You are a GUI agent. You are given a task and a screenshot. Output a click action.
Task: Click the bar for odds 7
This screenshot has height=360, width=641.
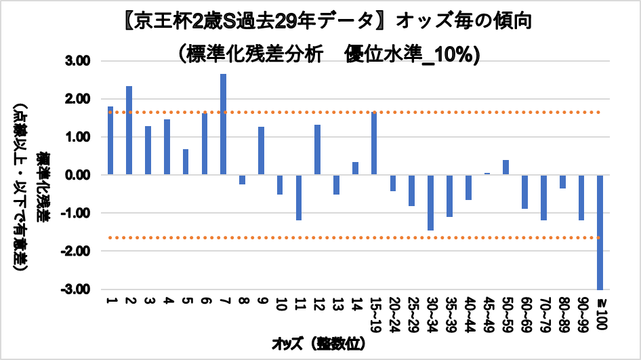(223, 124)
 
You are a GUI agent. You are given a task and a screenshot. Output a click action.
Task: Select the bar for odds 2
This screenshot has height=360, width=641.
(129, 130)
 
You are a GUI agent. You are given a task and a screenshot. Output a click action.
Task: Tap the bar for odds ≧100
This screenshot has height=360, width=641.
(600, 232)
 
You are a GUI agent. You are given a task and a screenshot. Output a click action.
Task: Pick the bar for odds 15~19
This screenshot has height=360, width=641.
(373, 144)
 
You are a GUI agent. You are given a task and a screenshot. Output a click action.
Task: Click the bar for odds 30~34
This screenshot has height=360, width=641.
(430, 202)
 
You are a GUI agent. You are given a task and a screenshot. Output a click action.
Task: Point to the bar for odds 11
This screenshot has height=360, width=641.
(298, 197)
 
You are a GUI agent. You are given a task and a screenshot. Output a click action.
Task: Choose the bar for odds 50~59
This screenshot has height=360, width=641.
(505, 167)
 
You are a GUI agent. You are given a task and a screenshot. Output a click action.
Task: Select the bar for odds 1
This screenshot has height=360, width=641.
(110, 140)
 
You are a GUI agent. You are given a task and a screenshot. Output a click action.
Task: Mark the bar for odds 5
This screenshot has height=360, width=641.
(186, 162)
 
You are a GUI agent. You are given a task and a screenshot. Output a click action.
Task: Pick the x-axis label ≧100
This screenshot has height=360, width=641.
(600, 311)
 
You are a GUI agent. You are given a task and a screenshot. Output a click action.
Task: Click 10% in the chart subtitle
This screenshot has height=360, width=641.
(458, 54)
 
